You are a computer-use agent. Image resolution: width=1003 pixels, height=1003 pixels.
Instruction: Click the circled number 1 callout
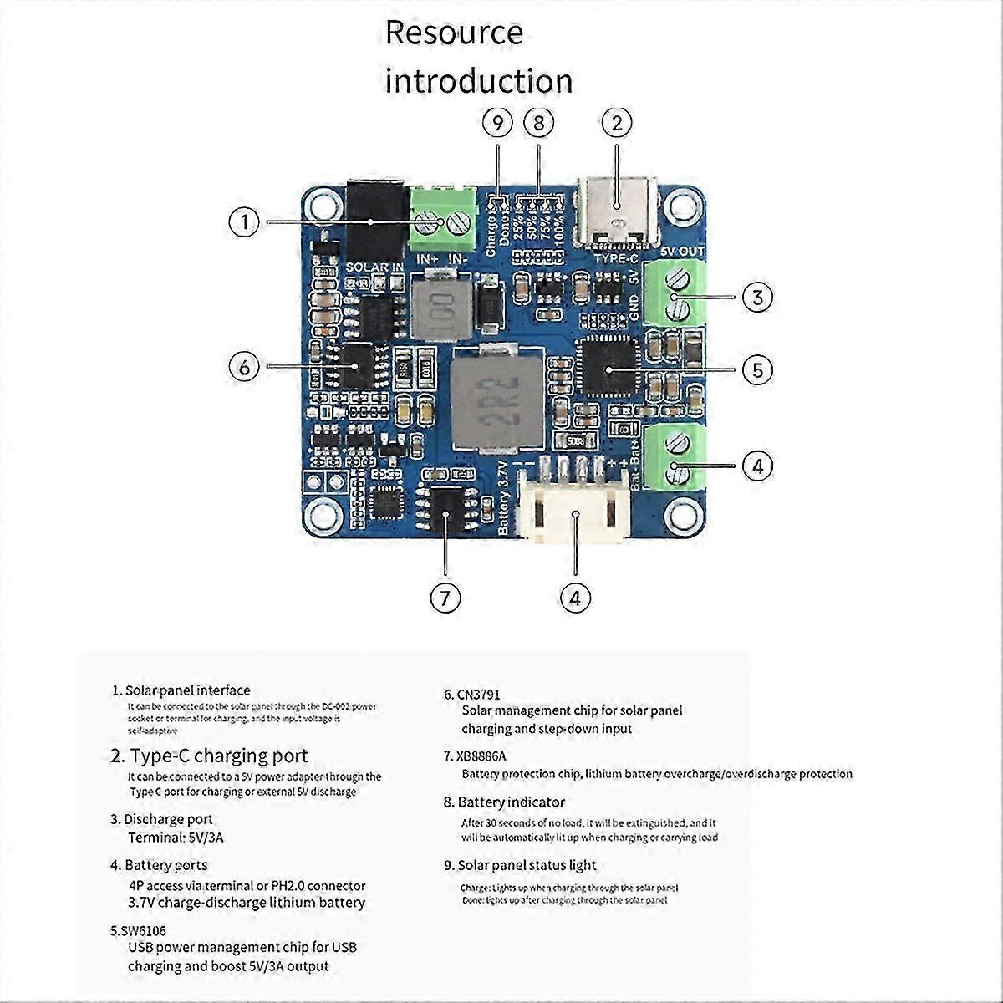tap(244, 222)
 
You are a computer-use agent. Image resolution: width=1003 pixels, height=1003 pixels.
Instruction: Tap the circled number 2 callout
tap(617, 123)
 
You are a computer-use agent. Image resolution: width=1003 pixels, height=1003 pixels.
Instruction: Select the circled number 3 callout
tap(757, 297)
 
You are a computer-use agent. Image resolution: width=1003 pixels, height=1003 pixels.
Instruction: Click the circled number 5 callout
tap(757, 369)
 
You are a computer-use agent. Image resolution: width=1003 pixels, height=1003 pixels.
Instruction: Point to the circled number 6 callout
tap(244, 367)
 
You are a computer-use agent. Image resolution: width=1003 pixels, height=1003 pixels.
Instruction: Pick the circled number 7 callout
tap(445, 598)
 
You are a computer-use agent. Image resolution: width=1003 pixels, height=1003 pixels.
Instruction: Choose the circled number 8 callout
tap(539, 123)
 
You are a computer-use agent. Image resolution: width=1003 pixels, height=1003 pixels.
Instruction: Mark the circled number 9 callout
tap(498, 123)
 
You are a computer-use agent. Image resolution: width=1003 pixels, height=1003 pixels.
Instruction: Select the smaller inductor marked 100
tap(436, 306)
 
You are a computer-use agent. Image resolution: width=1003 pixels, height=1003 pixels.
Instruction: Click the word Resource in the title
tap(454, 33)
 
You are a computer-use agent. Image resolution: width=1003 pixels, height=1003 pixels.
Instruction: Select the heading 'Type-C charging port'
tap(219, 756)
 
